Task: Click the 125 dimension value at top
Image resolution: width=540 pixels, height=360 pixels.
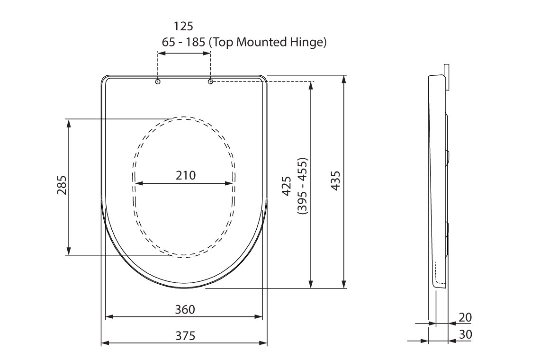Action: pos(184,26)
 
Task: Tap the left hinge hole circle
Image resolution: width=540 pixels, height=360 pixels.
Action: pos(158,81)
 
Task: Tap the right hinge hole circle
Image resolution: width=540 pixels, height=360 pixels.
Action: pos(211,81)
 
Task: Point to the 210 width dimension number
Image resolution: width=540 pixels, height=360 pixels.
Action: pos(185,175)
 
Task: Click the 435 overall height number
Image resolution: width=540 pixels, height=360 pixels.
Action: pos(335,181)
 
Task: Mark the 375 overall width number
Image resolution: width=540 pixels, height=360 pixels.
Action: pos(185,335)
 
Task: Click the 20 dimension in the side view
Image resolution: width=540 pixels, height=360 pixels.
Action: pos(465,317)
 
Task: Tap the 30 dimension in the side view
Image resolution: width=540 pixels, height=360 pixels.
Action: pos(465,334)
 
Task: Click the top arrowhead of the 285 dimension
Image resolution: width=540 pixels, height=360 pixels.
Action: pos(69,122)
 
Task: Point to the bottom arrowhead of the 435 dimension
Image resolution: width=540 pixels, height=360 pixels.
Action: pos(343,284)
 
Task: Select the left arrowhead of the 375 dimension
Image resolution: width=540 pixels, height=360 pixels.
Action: pos(105,342)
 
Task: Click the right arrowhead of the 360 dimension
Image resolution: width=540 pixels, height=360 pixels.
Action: pos(259,316)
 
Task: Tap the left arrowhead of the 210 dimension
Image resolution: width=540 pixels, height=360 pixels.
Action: pos(139,183)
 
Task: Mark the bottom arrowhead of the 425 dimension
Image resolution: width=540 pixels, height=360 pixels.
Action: pos(310,284)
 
